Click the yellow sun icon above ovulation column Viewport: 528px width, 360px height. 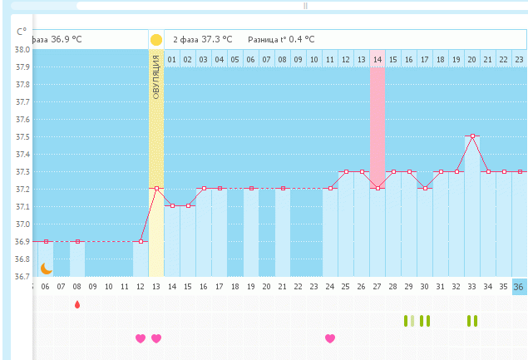coord(156,40)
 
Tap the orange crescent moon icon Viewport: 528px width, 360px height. coord(46,269)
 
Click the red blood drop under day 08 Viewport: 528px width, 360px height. coord(77,304)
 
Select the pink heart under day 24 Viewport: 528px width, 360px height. coord(330,338)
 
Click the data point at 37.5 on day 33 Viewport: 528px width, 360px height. coord(473,136)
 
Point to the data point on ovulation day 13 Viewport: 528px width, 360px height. coord(156,189)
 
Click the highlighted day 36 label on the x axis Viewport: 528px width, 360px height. coord(518,287)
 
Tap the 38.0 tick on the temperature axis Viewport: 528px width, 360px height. coord(22,50)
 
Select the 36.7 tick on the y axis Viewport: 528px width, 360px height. coord(22,277)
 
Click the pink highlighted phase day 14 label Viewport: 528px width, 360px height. coord(377,60)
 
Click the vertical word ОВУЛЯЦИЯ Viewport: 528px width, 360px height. coord(156,77)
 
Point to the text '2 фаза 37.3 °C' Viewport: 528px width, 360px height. coord(203,40)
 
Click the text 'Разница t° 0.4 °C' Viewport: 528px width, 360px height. coord(281,40)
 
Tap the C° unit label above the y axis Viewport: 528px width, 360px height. coord(22,32)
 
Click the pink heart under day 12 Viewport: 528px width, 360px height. coord(141,338)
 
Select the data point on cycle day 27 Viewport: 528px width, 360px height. coord(377,188)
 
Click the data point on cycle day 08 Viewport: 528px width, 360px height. coord(78,241)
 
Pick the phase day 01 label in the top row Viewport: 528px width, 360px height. coord(172,60)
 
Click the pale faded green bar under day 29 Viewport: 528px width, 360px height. coord(412,321)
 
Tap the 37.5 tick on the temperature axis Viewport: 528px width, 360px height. coord(22,137)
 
